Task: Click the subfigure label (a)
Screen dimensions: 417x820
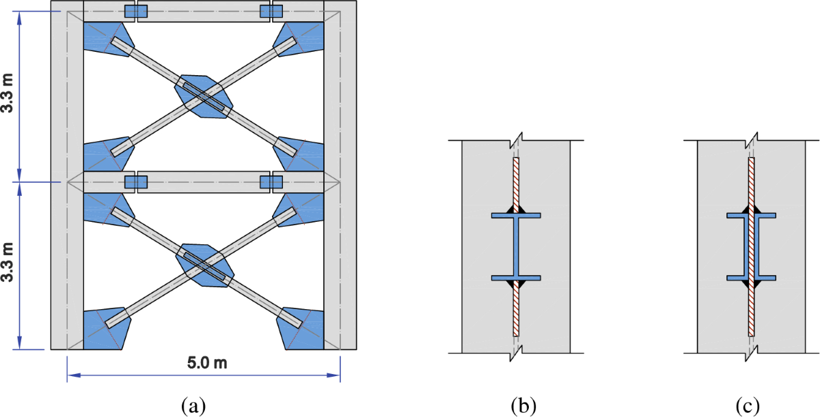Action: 192,405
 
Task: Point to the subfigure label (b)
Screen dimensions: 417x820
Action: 523,405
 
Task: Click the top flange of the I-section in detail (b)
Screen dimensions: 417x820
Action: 517,216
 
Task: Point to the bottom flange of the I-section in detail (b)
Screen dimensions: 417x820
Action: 517,278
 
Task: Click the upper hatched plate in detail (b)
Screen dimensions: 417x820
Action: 517,181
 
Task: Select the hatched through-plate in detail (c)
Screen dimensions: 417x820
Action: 751,246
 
